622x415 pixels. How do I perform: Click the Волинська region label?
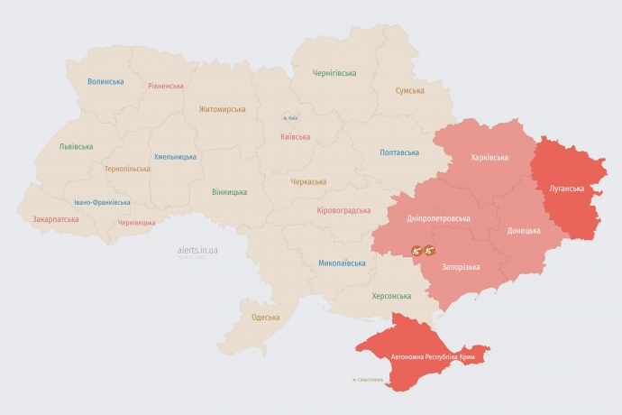click(105, 81)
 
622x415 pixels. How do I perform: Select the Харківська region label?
click(489, 157)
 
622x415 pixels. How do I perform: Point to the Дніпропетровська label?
click(438, 218)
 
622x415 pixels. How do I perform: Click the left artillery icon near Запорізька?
click(417, 250)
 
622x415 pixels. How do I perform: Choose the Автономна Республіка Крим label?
click(433, 357)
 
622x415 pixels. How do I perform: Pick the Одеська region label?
click(265, 317)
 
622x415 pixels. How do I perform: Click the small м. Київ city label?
click(289, 117)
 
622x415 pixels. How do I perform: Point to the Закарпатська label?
click(56, 218)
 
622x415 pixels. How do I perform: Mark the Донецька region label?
click(524, 230)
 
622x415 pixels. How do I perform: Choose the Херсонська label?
click(391, 295)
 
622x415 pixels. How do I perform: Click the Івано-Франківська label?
click(102, 202)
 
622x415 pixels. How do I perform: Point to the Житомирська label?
click(223, 108)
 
